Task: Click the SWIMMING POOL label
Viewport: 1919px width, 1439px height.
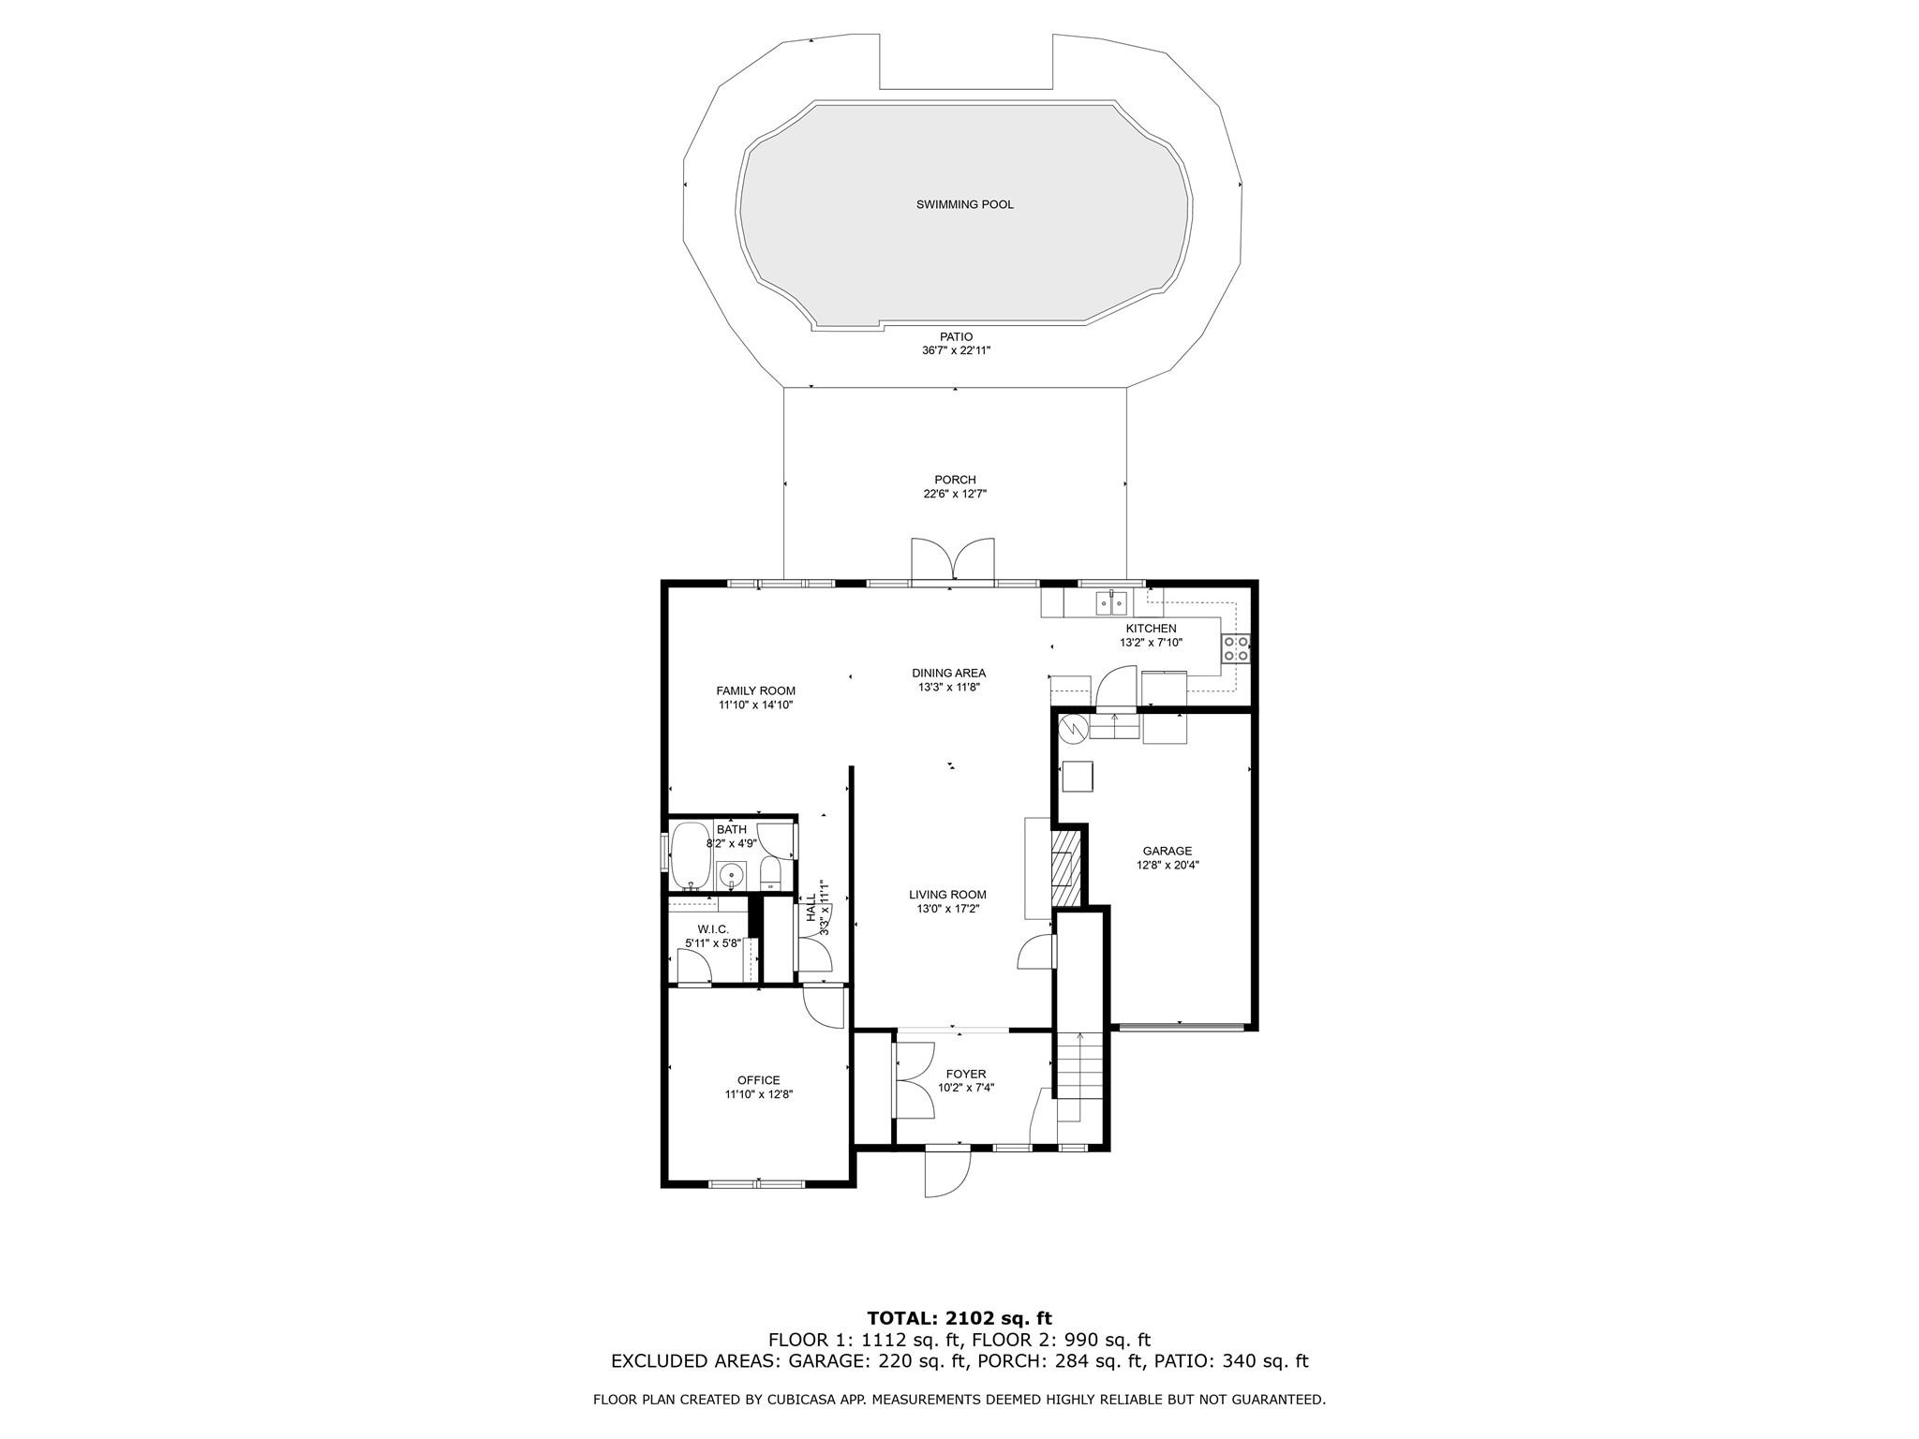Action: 964,204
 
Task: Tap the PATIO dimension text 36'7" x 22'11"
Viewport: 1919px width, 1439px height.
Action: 956,350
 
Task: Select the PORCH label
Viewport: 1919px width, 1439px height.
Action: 955,480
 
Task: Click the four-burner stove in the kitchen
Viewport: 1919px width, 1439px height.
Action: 1236,648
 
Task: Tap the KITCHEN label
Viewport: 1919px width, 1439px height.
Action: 1151,629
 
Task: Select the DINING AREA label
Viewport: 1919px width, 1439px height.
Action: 948,673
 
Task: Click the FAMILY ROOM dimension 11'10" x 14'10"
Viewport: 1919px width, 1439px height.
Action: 755,705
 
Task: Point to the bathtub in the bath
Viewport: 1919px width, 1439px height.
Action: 691,856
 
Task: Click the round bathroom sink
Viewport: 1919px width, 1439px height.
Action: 731,876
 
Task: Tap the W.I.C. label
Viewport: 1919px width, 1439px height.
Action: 712,929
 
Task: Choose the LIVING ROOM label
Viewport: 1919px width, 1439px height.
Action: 947,895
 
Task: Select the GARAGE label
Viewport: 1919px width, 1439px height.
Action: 1167,852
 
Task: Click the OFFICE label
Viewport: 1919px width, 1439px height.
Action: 758,1080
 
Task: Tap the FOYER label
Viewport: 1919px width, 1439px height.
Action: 965,1074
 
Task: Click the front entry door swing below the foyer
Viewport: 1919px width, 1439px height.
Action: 946,1172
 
